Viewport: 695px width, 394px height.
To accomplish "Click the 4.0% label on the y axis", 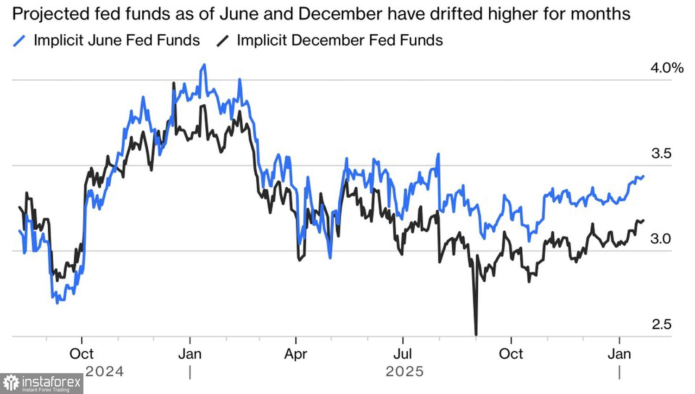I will click(666, 68).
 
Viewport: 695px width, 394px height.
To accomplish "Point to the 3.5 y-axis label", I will click(661, 153).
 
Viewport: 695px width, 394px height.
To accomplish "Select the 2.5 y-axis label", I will click(661, 324).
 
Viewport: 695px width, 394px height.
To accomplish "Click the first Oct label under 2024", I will click(82, 354).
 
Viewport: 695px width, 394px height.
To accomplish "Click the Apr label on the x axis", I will click(296, 354).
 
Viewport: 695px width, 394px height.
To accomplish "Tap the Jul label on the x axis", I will click(403, 354).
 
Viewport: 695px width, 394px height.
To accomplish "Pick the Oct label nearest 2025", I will click(511, 354).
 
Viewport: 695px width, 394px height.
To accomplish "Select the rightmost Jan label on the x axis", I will click(619, 354).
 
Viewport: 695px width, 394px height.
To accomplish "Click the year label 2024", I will click(105, 371).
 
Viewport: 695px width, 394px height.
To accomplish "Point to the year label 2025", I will click(404, 371).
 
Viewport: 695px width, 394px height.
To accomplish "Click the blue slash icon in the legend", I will click(19, 41).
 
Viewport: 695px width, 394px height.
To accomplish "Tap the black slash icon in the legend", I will click(222, 41).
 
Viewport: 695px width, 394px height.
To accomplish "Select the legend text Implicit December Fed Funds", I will click(340, 40).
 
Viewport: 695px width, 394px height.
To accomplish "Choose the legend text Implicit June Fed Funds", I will click(117, 40).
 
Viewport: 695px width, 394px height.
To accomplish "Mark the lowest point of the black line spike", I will click(476, 334).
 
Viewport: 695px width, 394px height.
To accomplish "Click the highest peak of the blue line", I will click(204, 65).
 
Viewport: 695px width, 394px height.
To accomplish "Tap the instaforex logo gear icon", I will click(11, 383).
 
